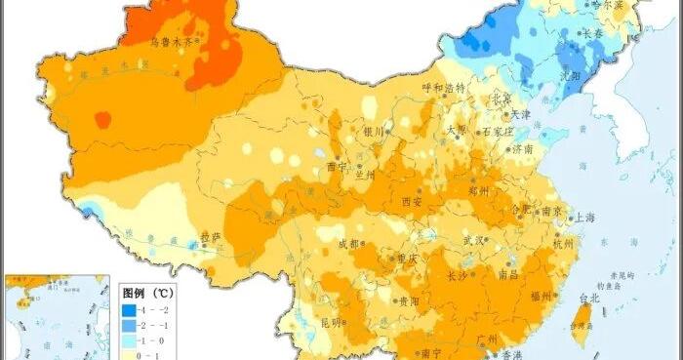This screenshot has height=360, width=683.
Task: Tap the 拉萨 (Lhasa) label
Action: click(212, 236)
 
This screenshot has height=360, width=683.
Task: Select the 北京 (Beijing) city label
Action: click(500, 99)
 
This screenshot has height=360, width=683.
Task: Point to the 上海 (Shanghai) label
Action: click(585, 219)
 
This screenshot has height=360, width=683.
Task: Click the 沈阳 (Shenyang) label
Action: click(571, 73)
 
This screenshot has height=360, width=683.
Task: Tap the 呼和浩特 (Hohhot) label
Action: click(444, 88)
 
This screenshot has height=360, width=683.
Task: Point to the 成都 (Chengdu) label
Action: click(348, 244)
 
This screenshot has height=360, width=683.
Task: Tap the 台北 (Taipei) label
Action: click(590, 298)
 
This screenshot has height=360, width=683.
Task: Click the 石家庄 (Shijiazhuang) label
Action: click(498, 132)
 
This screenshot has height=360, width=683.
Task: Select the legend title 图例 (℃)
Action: click(147, 292)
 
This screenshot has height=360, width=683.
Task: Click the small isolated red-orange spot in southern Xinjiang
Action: click(101, 120)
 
